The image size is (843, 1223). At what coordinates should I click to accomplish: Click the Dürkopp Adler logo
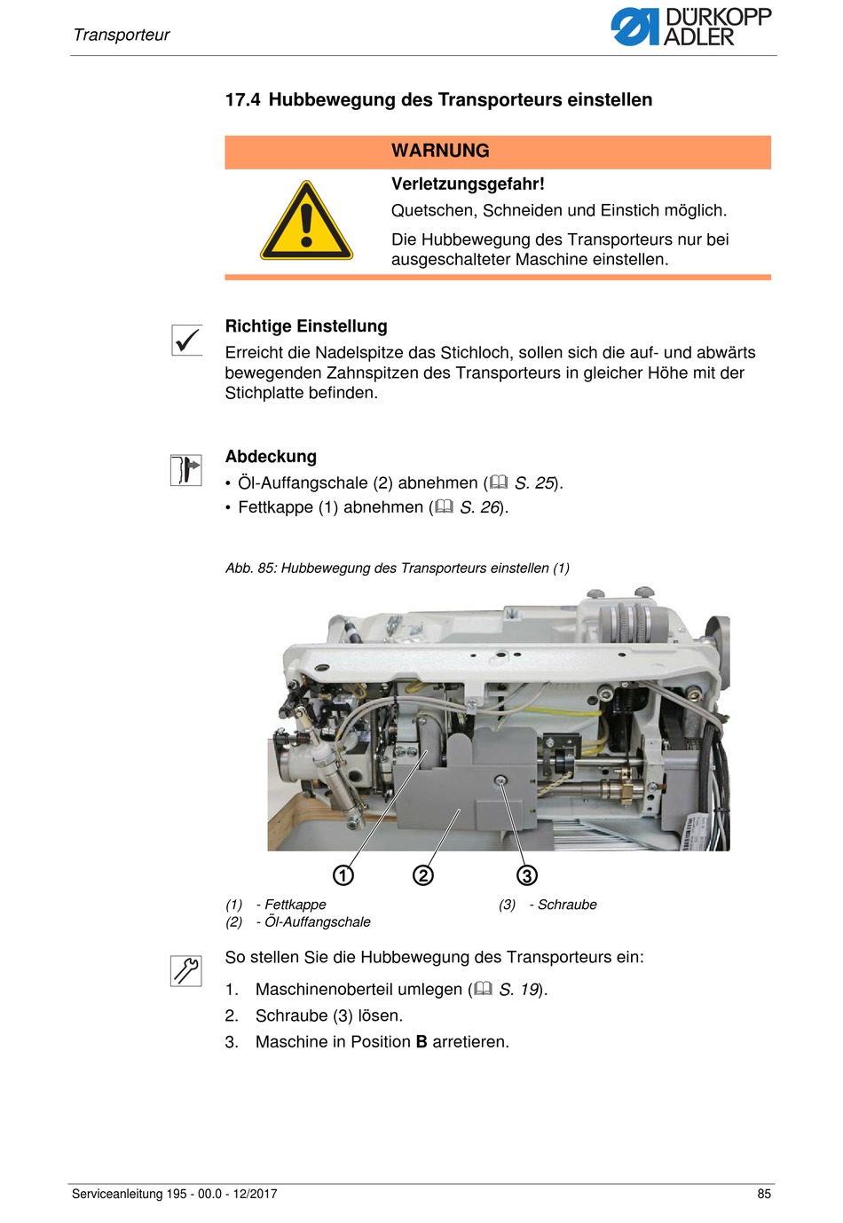click(690, 27)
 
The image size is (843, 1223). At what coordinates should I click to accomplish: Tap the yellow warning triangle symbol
click(306, 222)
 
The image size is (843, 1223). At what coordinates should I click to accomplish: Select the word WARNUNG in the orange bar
click(440, 151)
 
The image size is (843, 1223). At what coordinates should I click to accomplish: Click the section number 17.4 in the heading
click(242, 100)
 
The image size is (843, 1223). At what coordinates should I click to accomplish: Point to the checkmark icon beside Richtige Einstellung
click(186, 340)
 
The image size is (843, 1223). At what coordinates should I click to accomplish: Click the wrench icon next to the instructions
click(186, 970)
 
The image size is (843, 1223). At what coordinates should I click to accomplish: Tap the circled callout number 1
click(343, 875)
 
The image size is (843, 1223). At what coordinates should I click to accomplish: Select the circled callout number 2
click(423, 875)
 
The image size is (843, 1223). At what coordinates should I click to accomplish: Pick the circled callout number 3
click(527, 875)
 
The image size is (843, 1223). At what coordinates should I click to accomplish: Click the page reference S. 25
click(534, 483)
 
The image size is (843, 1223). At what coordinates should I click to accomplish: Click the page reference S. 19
click(519, 990)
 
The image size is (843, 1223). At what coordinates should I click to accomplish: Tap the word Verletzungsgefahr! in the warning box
click(468, 184)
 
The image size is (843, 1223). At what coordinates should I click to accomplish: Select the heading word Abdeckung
click(271, 457)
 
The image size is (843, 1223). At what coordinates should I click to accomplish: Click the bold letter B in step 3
click(421, 1042)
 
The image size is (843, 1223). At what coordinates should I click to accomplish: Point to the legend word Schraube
click(567, 905)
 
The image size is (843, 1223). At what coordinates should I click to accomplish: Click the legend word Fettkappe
click(295, 905)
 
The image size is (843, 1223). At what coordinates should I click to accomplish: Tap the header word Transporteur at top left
click(122, 35)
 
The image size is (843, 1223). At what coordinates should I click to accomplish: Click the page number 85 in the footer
click(764, 1194)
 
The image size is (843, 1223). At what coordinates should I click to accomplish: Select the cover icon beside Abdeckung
click(186, 470)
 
